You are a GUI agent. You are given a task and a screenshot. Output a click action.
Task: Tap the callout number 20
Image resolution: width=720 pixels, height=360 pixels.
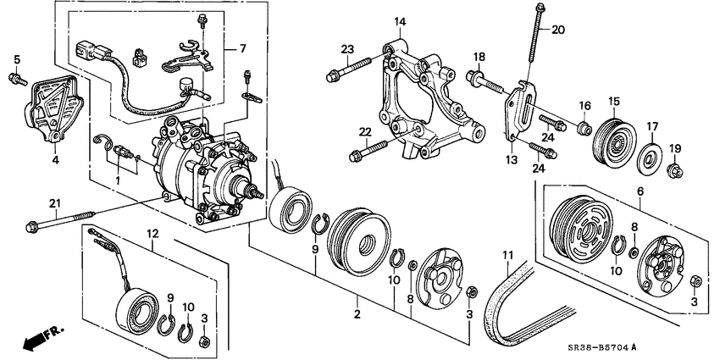(x=557, y=30)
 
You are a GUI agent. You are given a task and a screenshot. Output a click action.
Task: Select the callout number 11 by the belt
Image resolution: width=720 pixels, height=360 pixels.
(x=508, y=255)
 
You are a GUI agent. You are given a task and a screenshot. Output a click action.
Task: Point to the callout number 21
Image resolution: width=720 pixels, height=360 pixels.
(x=32, y=202)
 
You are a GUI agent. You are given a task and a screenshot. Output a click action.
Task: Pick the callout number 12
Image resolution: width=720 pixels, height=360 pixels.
(x=152, y=234)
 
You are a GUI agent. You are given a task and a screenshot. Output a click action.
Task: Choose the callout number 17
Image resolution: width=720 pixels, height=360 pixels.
(x=652, y=127)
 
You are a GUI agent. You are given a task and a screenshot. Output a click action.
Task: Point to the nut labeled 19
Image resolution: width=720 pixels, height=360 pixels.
(x=675, y=174)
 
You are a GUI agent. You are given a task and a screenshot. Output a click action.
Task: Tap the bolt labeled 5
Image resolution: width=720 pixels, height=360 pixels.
(x=16, y=79)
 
